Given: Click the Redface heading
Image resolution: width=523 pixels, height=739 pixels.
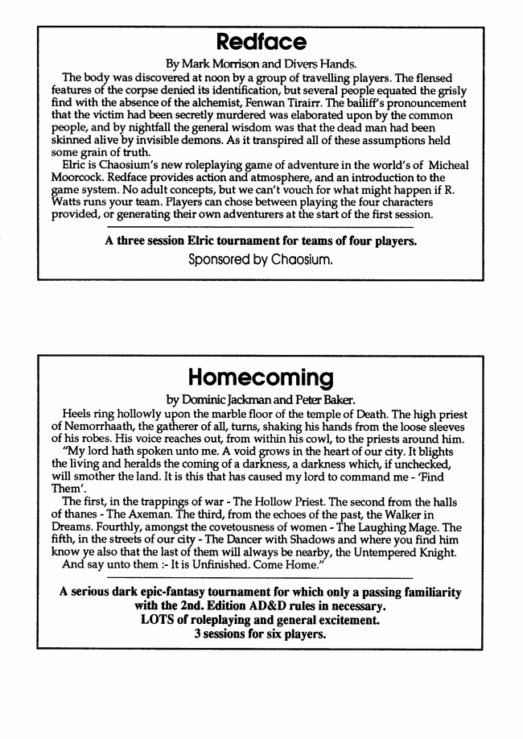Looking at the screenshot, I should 261,41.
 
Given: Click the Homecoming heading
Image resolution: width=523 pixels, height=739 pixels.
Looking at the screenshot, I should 261,377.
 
